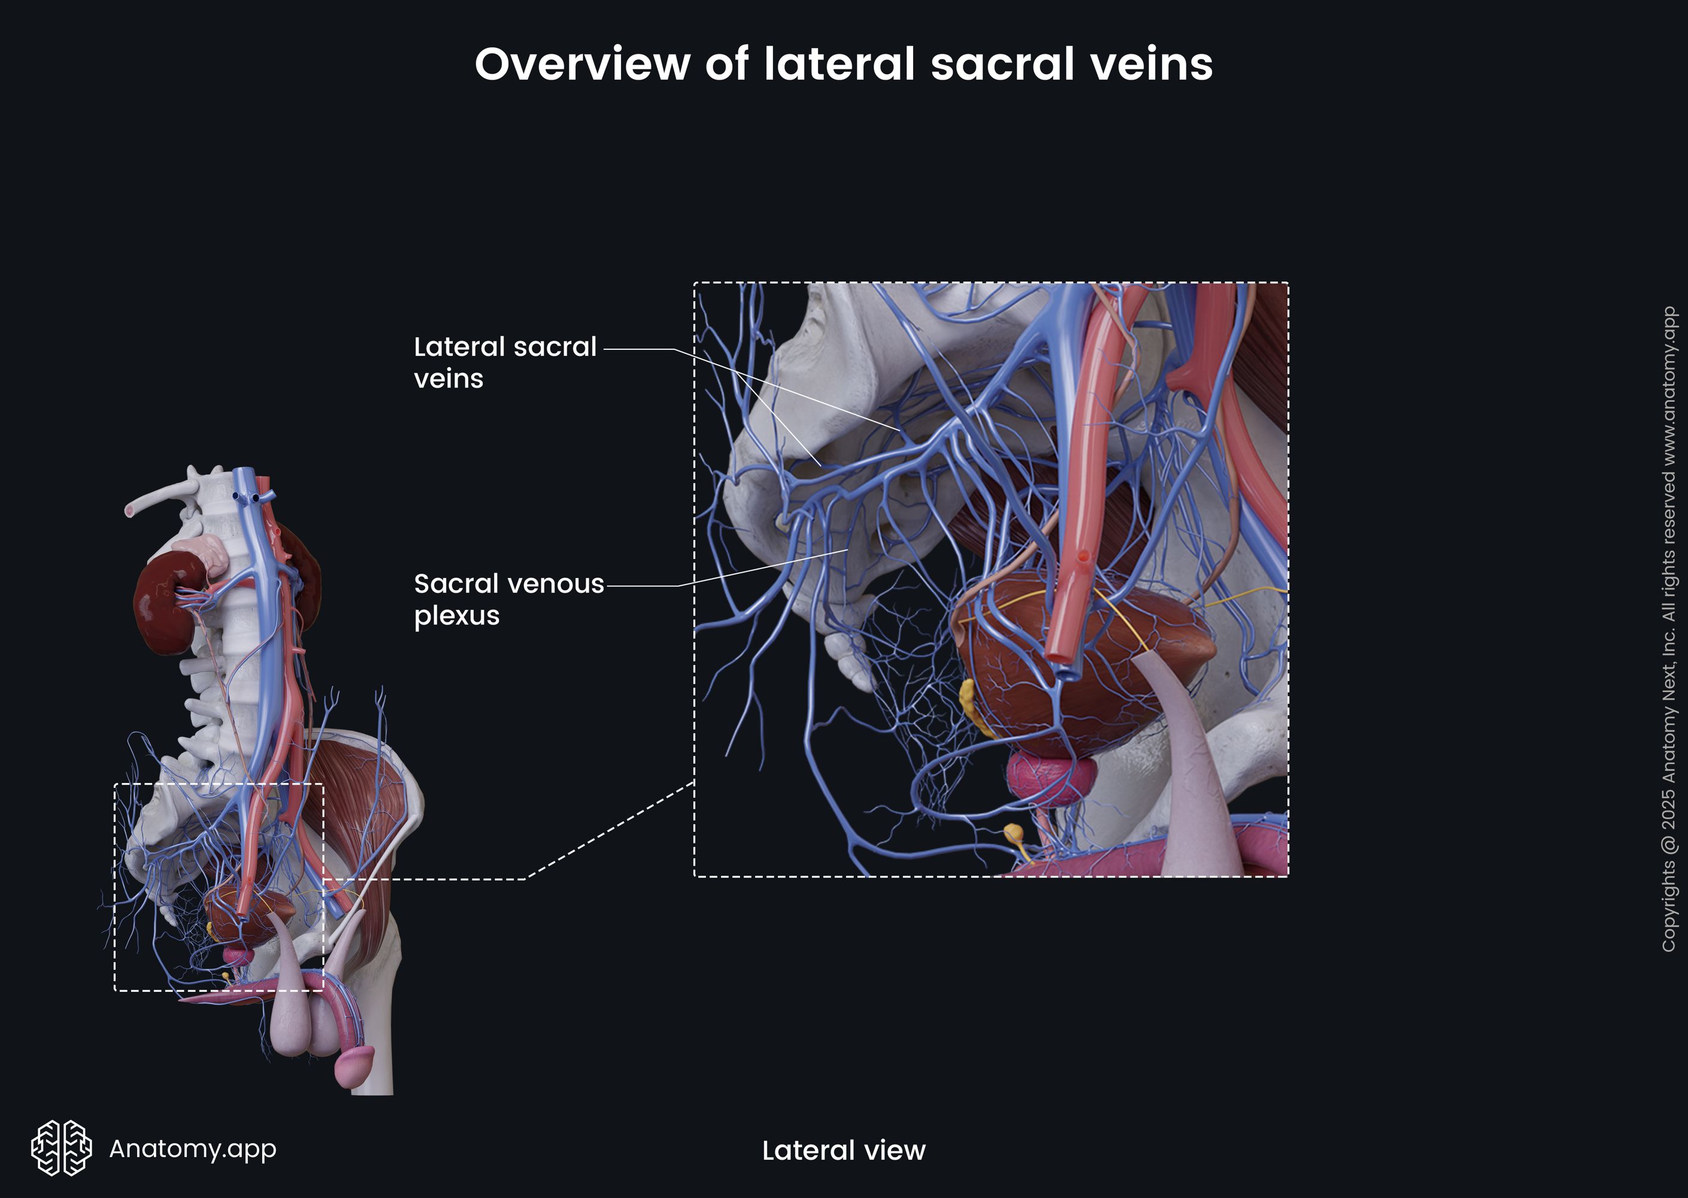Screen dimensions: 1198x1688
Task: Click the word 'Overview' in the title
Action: pos(581,64)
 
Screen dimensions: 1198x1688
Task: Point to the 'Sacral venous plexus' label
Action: pos(508,599)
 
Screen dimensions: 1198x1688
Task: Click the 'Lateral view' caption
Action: pos(844,1150)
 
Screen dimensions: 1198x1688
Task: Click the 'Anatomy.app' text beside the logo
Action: pos(192,1148)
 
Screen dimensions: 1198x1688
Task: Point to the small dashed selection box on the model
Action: pos(115,885)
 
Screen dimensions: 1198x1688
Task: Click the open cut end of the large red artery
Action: pos(1062,654)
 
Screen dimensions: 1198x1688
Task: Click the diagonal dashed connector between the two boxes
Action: pos(612,830)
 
